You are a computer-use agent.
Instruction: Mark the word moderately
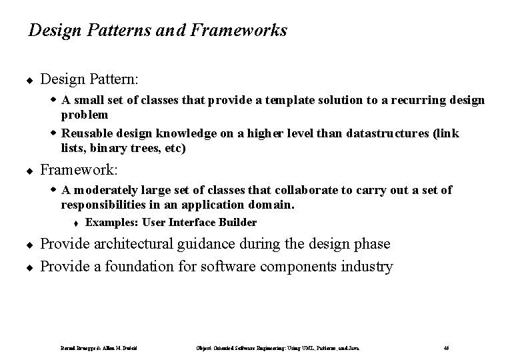[105, 190]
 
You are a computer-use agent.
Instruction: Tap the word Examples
[107, 223]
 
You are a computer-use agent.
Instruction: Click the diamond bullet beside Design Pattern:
[31, 80]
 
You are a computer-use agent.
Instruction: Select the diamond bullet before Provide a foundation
[31, 267]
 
